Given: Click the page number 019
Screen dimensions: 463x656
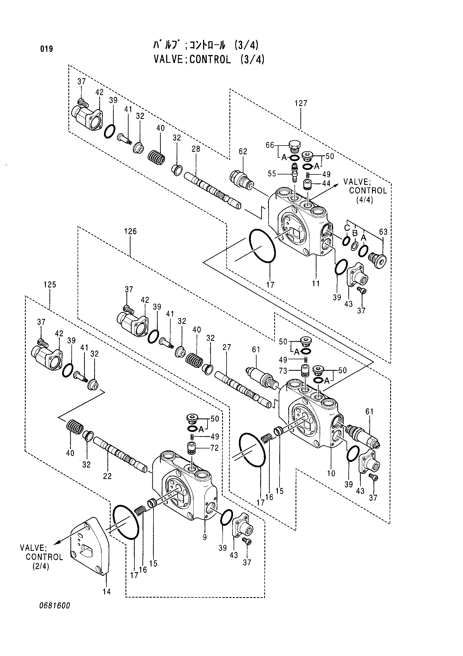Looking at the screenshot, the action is pyautogui.click(x=46, y=49).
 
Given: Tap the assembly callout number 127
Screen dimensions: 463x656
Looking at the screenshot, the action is pyautogui.click(x=301, y=103).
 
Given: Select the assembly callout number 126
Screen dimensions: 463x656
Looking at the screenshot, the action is pyautogui.click(x=130, y=231).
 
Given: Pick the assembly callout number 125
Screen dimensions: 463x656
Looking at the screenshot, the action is pyautogui.click(x=50, y=285).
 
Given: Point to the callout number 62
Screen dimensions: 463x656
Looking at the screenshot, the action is pyautogui.click(x=243, y=152).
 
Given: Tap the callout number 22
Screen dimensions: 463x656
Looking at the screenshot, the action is pyautogui.click(x=107, y=476).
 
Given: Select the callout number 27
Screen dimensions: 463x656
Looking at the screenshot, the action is pyautogui.click(x=227, y=347).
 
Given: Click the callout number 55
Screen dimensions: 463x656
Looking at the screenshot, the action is pyautogui.click(x=272, y=174).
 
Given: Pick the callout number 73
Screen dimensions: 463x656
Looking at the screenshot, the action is pyautogui.click(x=283, y=371).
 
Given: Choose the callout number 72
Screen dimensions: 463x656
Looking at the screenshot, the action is pyautogui.click(x=215, y=448).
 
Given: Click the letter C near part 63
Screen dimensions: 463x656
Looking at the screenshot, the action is pyautogui.click(x=347, y=228).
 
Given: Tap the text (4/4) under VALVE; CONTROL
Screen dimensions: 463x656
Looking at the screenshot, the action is pyautogui.click(x=364, y=200).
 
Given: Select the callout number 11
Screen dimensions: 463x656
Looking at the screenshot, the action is pyautogui.click(x=316, y=284).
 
